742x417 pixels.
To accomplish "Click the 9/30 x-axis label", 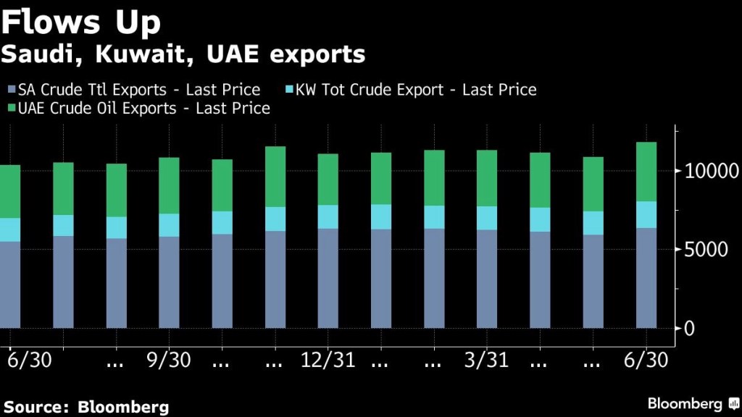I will pos(169,360).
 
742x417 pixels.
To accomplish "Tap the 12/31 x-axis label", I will pos(328,360).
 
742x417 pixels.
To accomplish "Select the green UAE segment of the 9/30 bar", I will pos(169,185).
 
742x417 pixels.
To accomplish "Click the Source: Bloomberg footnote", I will pos(86,406).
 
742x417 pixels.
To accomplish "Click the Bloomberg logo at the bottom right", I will pos(693,403).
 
